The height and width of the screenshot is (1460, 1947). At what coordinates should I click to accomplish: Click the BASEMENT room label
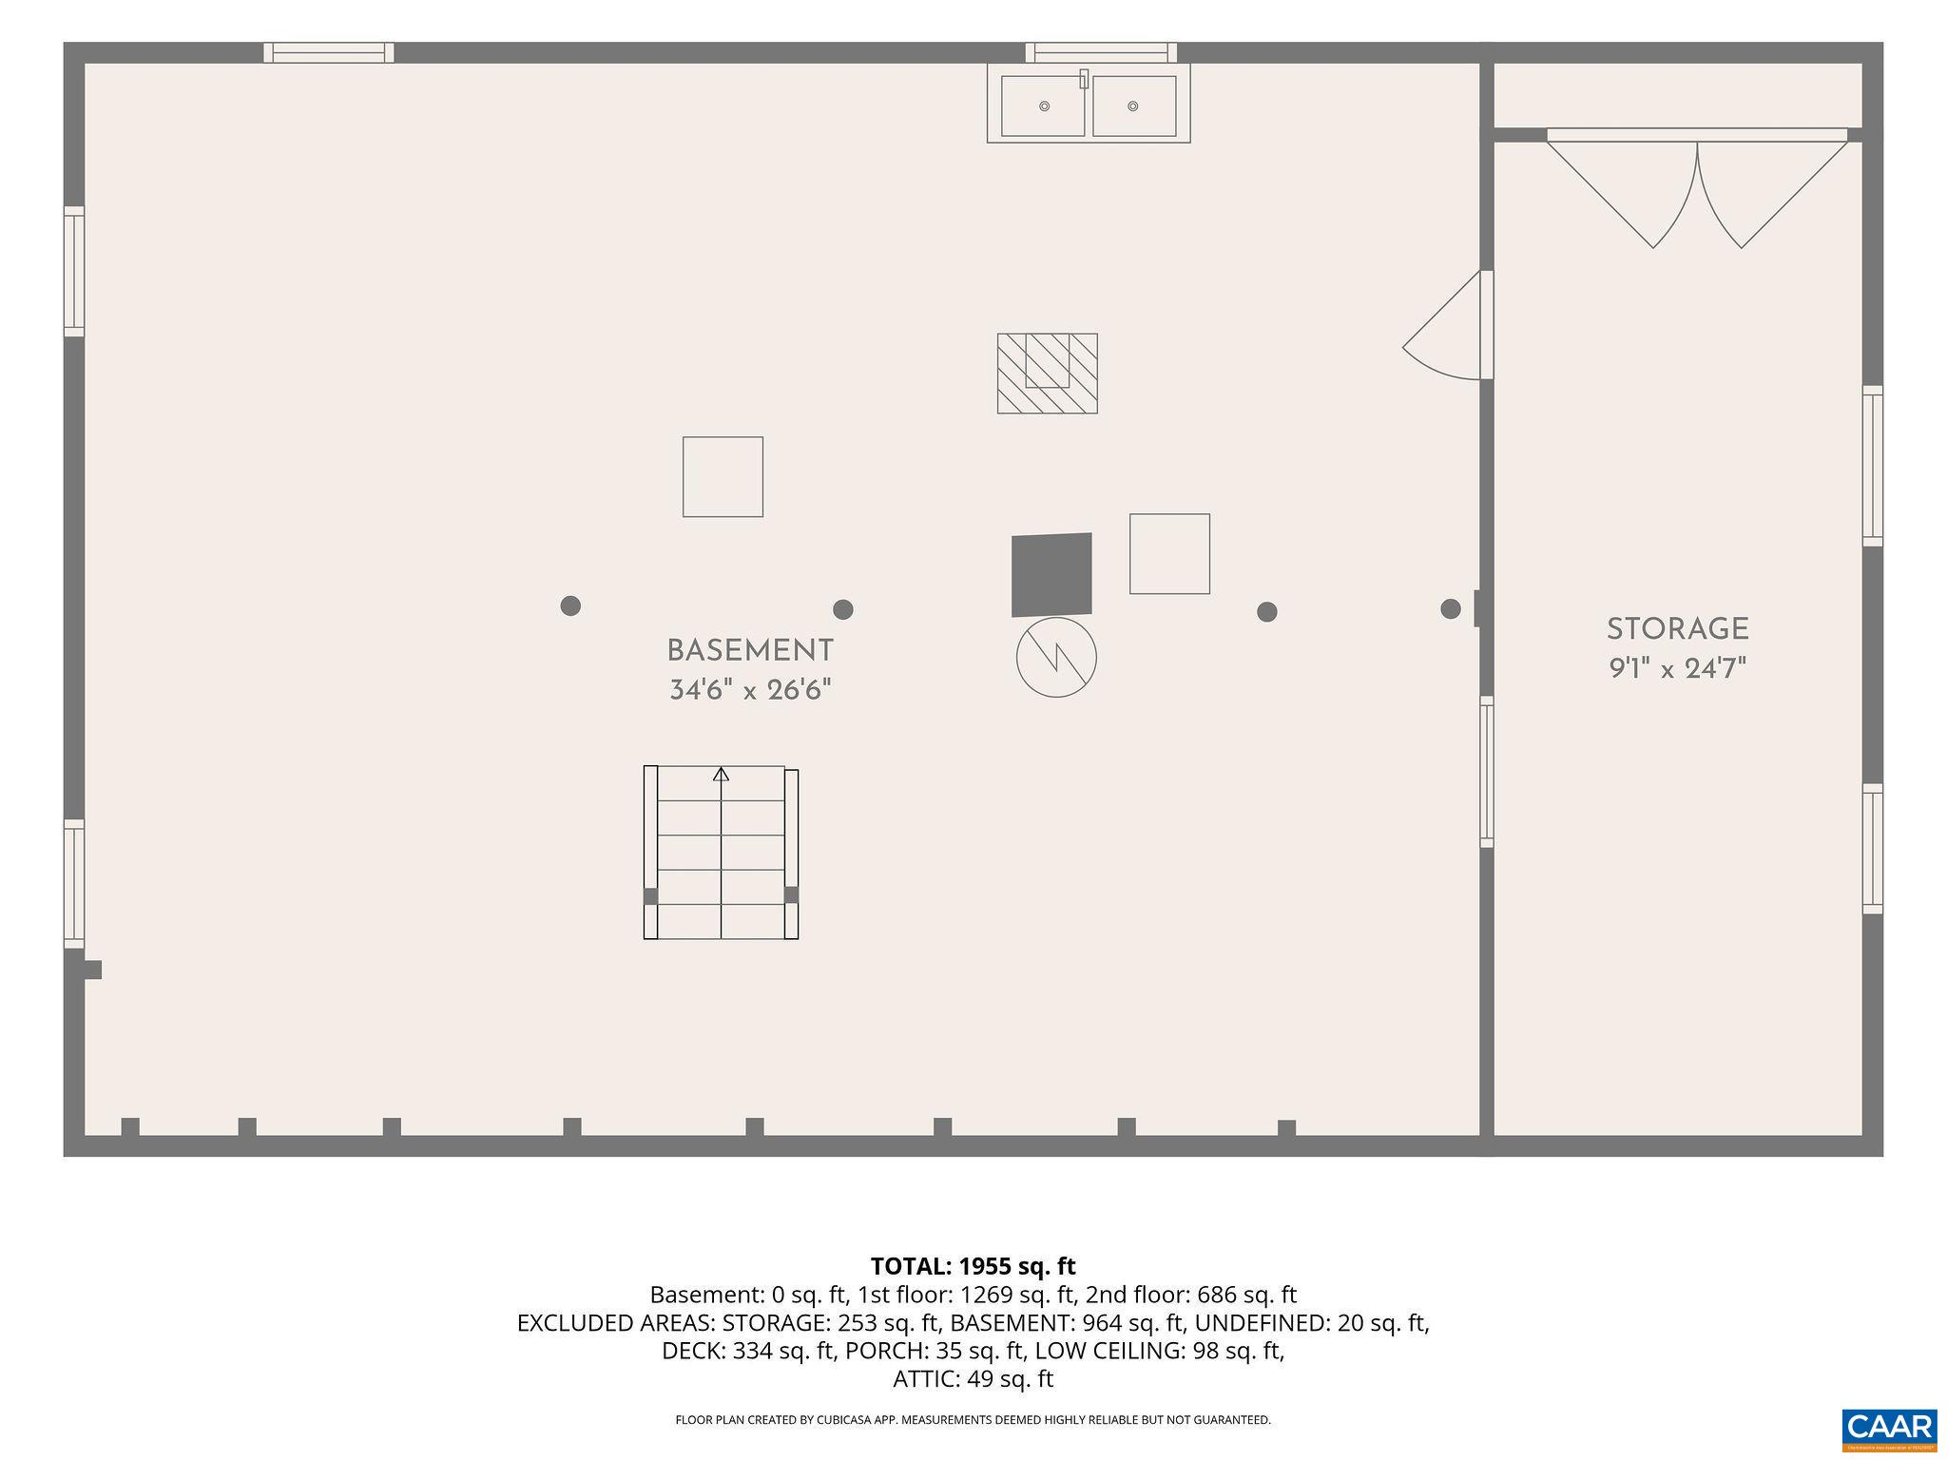(750, 651)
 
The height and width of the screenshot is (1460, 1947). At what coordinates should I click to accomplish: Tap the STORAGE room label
(1678, 629)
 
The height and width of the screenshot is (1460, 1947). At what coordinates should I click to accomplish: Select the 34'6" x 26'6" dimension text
(750, 690)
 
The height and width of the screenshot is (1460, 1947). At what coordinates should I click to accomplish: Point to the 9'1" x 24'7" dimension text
(1678, 669)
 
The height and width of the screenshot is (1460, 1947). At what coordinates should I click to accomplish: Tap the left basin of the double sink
(1043, 106)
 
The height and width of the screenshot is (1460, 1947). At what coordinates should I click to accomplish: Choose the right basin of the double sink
(1133, 106)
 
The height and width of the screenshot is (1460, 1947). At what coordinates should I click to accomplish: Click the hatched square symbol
(1048, 374)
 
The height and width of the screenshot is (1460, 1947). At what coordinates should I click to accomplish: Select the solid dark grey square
(1051, 574)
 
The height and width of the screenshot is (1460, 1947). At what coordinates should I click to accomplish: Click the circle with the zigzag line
(1056, 657)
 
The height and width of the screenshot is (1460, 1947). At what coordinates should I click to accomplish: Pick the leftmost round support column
(570, 605)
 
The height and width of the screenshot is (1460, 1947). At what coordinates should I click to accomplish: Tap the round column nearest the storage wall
(1451, 608)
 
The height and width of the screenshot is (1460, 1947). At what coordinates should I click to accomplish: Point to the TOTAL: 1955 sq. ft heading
(973, 1266)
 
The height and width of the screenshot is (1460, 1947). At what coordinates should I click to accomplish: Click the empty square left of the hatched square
(723, 477)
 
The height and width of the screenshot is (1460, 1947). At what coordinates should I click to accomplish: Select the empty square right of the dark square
(1169, 554)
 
